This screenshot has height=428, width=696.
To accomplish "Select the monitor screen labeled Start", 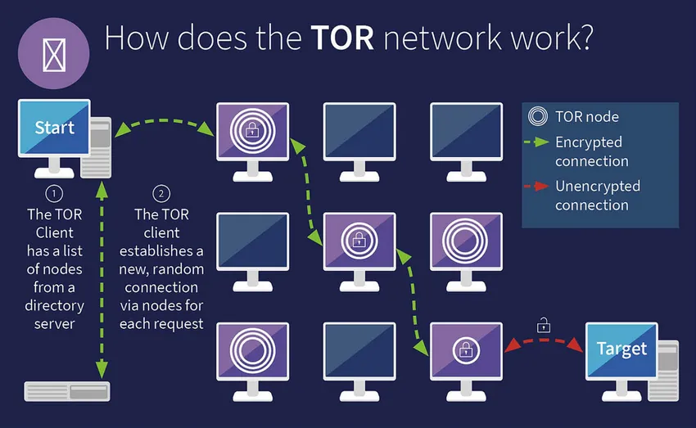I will point(54,128).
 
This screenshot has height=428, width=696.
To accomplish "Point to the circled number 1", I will point(54,194).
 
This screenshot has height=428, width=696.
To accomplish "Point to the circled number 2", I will point(161,194).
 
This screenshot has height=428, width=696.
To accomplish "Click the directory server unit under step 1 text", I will point(67,392).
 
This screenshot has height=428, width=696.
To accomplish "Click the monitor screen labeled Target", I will point(621,349).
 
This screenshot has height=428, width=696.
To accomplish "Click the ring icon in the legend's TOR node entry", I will point(538,117).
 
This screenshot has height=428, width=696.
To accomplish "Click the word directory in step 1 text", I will point(54,305).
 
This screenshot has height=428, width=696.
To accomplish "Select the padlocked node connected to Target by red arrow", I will point(466,349).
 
